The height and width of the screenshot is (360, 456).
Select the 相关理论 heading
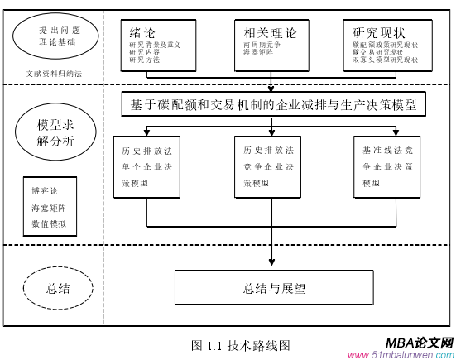[266, 32]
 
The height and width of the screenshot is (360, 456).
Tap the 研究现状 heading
[381, 32]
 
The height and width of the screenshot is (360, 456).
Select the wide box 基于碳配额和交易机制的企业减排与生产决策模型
[272, 105]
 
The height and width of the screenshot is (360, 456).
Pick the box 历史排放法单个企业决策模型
[149, 168]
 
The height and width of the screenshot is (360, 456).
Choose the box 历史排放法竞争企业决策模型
[272, 168]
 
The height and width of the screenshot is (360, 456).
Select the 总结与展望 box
[275, 289]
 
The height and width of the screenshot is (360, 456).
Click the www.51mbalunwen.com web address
[401, 355]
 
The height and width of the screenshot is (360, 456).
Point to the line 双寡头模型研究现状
[386, 60]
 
